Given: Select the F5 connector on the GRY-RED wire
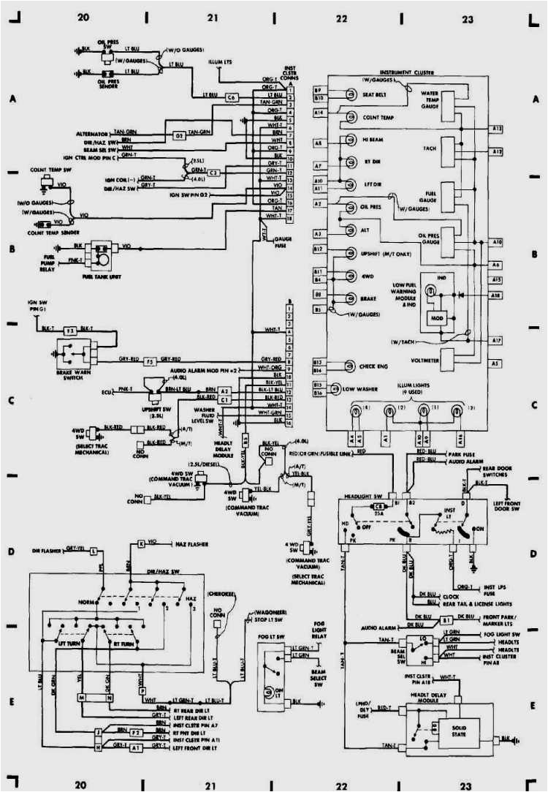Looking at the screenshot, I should pyautogui.click(x=148, y=361).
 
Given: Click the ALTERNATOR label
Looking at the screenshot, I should pyautogui.click(x=91, y=134).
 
